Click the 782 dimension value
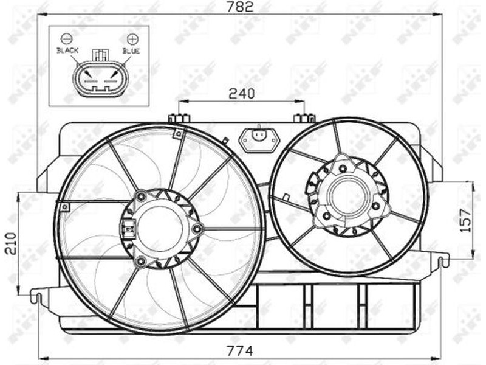(239, 7)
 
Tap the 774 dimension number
(239, 351)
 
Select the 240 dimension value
(241, 94)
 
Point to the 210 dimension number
(12, 244)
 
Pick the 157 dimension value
(465, 221)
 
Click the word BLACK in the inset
(67, 50)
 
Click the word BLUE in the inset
(131, 50)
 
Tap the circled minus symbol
(66, 38)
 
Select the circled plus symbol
(132, 39)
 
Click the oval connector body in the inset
(100, 79)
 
